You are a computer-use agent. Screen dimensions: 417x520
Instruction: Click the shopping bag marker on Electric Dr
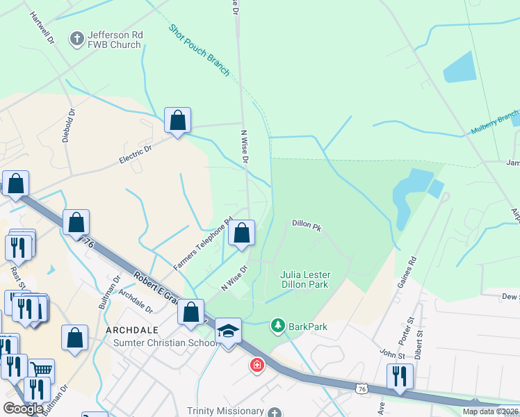click(178, 120)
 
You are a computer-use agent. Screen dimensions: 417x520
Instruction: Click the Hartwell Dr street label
click(42, 28)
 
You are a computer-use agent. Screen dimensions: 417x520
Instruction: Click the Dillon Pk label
click(307, 224)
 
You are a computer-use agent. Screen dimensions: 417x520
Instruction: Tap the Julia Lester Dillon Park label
click(304, 279)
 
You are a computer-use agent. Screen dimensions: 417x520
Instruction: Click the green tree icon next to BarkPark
click(278, 325)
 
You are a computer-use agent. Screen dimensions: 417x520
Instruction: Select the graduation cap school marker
click(227, 331)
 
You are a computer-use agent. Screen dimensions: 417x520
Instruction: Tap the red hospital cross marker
click(257, 365)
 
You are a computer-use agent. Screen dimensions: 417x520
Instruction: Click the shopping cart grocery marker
click(42, 371)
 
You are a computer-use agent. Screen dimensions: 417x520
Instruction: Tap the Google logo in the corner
click(23, 409)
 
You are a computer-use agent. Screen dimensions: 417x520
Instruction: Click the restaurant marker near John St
click(400, 376)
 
